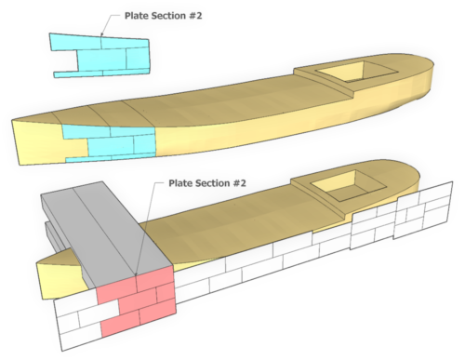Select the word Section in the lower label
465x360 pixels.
click(210, 183)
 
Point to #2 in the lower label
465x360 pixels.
click(241, 183)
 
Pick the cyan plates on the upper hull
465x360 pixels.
click(112, 144)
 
